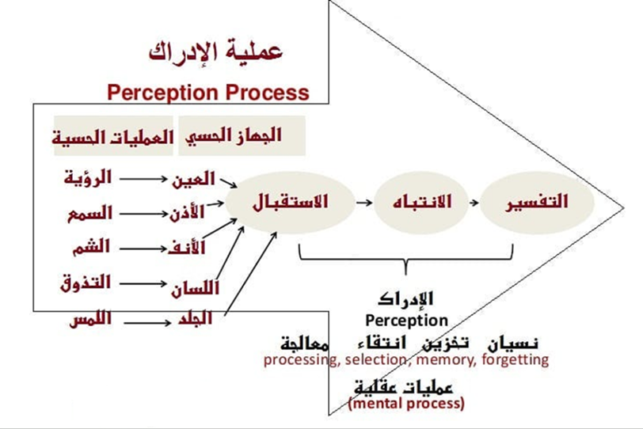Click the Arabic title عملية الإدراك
point(216,52)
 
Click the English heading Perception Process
point(208,92)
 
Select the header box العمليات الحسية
point(113,136)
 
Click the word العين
point(193,179)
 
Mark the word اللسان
point(195,289)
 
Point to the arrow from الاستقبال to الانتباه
point(363,203)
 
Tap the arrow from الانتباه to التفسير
point(472,203)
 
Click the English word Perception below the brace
point(406,321)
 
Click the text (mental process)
point(406,404)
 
